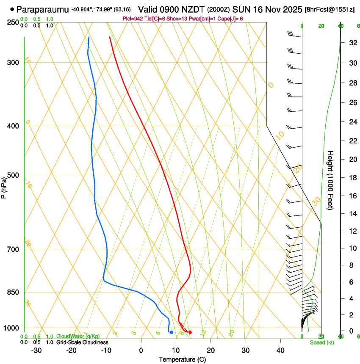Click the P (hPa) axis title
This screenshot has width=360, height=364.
(x=4, y=186)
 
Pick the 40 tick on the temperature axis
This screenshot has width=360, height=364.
(x=280, y=350)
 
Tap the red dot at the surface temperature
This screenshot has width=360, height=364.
(x=190, y=332)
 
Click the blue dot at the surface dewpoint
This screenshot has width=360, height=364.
(x=172, y=332)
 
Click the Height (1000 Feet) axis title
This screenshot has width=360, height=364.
(x=331, y=180)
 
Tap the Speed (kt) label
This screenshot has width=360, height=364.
(x=322, y=342)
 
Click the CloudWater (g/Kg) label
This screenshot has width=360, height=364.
(x=78, y=336)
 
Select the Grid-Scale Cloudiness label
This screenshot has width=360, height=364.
(x=82, y=342)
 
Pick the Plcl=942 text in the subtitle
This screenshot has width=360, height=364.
(x=133, y=19)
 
